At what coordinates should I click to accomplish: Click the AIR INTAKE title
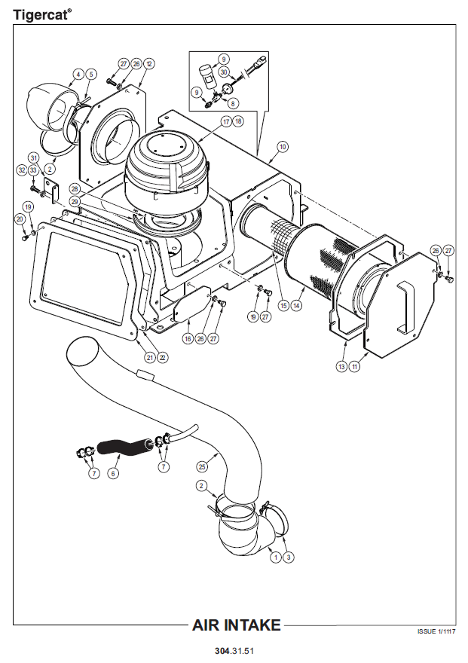237,625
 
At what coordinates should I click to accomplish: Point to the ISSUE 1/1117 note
436,631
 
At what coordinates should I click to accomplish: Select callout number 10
283,146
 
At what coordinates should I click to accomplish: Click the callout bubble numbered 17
226,121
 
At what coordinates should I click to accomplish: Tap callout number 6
114,473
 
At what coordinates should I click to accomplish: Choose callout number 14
297,306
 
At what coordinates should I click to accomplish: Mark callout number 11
354,367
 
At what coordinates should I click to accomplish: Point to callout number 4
78,74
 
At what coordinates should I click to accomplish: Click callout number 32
22,170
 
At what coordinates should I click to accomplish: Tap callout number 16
188,339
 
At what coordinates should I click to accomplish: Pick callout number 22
163,357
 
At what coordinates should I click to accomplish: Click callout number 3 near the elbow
289,558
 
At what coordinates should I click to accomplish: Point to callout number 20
20,218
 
